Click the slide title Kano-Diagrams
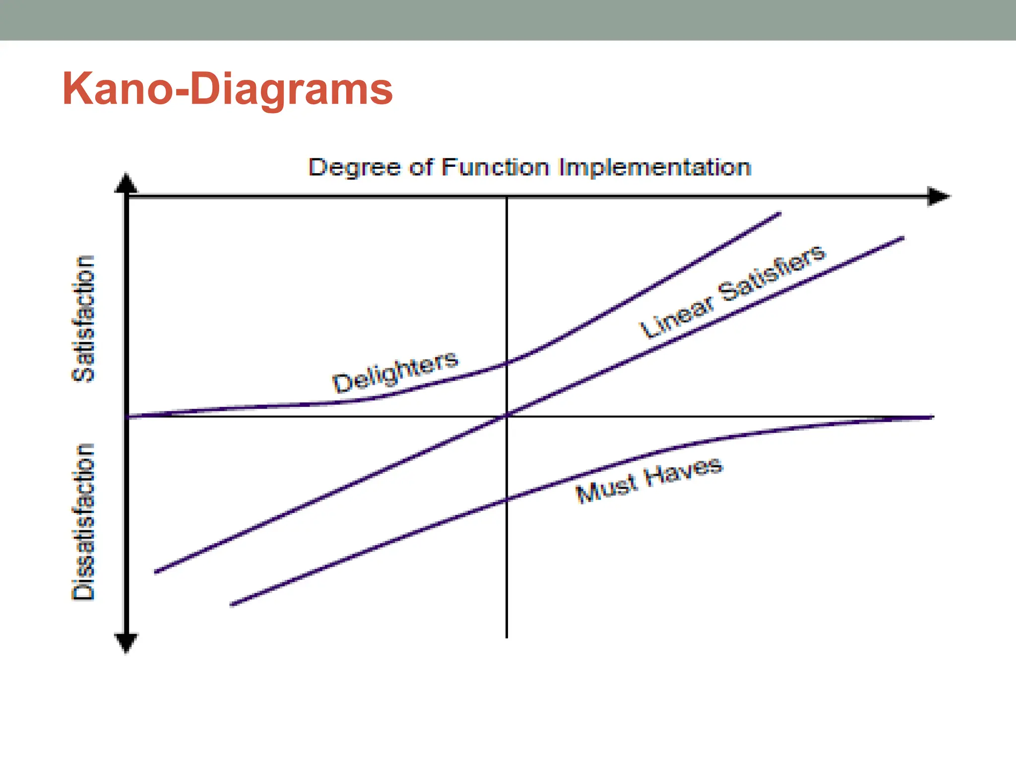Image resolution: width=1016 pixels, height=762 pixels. [x=227, y=89]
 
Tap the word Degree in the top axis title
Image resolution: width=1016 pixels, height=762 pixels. [x=354, y=168]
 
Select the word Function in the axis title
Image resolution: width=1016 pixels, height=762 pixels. [x=496, y=167]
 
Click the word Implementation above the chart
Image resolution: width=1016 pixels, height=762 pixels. [x=654, y=168]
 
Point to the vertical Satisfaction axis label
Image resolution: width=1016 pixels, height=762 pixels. [x=83, y=318]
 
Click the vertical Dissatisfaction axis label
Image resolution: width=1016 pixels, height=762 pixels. [x=83, y=522]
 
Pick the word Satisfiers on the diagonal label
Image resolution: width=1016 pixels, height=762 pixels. [x=772, y=273]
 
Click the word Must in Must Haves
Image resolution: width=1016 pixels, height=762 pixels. [x=606, y=489]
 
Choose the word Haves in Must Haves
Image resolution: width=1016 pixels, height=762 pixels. [x=684, y=473]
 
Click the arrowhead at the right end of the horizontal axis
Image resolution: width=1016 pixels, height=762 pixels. [x=938, y=196]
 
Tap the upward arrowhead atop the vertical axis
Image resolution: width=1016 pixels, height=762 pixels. [x=126, y=184]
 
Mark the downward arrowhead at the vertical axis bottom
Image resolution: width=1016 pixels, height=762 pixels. [x=126, y=642]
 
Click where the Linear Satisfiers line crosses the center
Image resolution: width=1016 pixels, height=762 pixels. [x=507, y=416]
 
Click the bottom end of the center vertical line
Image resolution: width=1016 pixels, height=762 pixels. [x=507, y=636]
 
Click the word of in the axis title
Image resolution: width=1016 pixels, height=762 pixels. [x=421, y=167]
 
